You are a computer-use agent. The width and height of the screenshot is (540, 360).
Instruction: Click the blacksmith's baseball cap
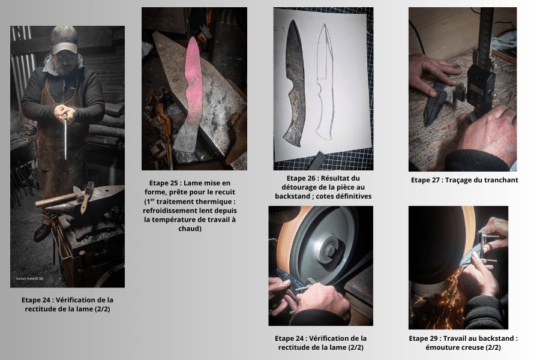click(64, 39)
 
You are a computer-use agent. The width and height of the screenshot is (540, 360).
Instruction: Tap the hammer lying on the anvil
click(60, 199)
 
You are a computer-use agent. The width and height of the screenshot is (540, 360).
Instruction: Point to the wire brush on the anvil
click(87, 196)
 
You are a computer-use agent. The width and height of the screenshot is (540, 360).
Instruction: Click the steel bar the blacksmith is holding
click(65, 138)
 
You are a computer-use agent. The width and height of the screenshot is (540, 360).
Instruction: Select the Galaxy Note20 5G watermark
click(29, 278)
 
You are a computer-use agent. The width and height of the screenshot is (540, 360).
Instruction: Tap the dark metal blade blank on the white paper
click(295, 83)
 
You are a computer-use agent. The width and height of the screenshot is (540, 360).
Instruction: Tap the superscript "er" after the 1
click(151, 199)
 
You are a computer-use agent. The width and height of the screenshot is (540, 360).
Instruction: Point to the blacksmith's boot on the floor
click(43, 232)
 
